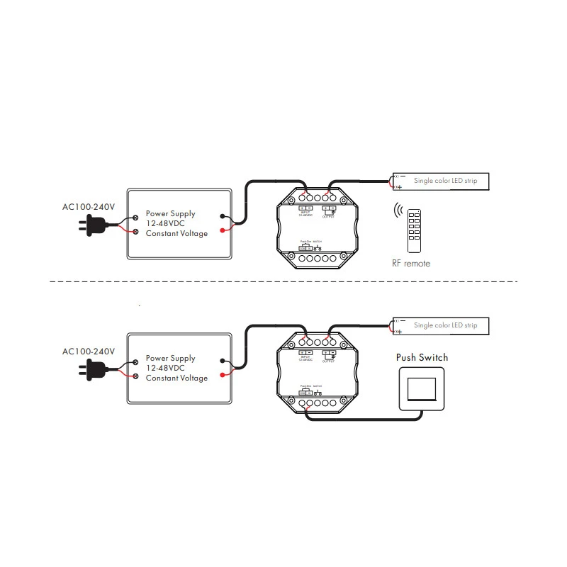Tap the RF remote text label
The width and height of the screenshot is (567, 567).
coord(411,264)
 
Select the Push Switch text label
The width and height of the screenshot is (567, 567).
coord(422,357)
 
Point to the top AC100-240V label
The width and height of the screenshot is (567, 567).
coord(88,207)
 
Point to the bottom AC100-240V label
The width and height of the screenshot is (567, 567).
coord(88,352)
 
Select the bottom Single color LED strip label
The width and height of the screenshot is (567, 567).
coord(445,325)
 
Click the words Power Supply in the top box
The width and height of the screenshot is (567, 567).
coord(170,213)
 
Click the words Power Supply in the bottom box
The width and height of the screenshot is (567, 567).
coord(170,359)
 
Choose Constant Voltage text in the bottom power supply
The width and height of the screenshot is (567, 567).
coord(176,378)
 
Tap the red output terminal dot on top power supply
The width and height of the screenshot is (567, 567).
coord(223,230)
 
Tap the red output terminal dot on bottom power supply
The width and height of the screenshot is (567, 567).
coord(223,375)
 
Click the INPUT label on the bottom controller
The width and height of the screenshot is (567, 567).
coord(305,357)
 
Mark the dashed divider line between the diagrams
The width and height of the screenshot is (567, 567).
coord(283,281)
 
